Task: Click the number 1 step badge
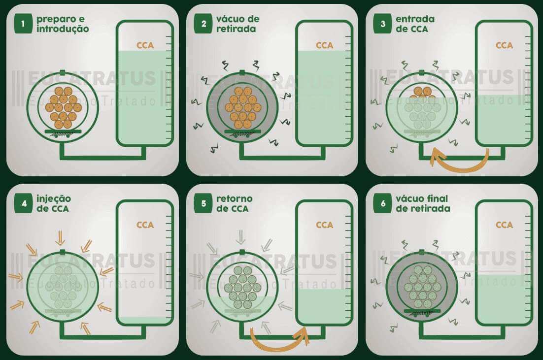(x=23, y=24)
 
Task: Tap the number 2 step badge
(x=204, y=24)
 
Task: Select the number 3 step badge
(x=383, y=24)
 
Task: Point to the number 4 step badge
(x=23, y=204)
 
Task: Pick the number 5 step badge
(x=204, y=204)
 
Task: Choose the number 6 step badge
(x=383, y=204)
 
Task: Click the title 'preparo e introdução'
(x=62, y=24)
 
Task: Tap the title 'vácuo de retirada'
(x=238, y=24)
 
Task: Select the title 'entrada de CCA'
(x=415, y=24)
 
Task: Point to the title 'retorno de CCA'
(x=235, y=203)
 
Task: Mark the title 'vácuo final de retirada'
(x=423, y=203)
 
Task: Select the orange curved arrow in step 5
(x=279, y=339)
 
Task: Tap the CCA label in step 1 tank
(x=145, y=45)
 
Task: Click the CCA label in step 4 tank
(x=145, y=225)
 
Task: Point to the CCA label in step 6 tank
(x=504, y=225)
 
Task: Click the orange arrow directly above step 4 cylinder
(x=61, y=238)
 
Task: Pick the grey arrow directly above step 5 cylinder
(x=240, y=238)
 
